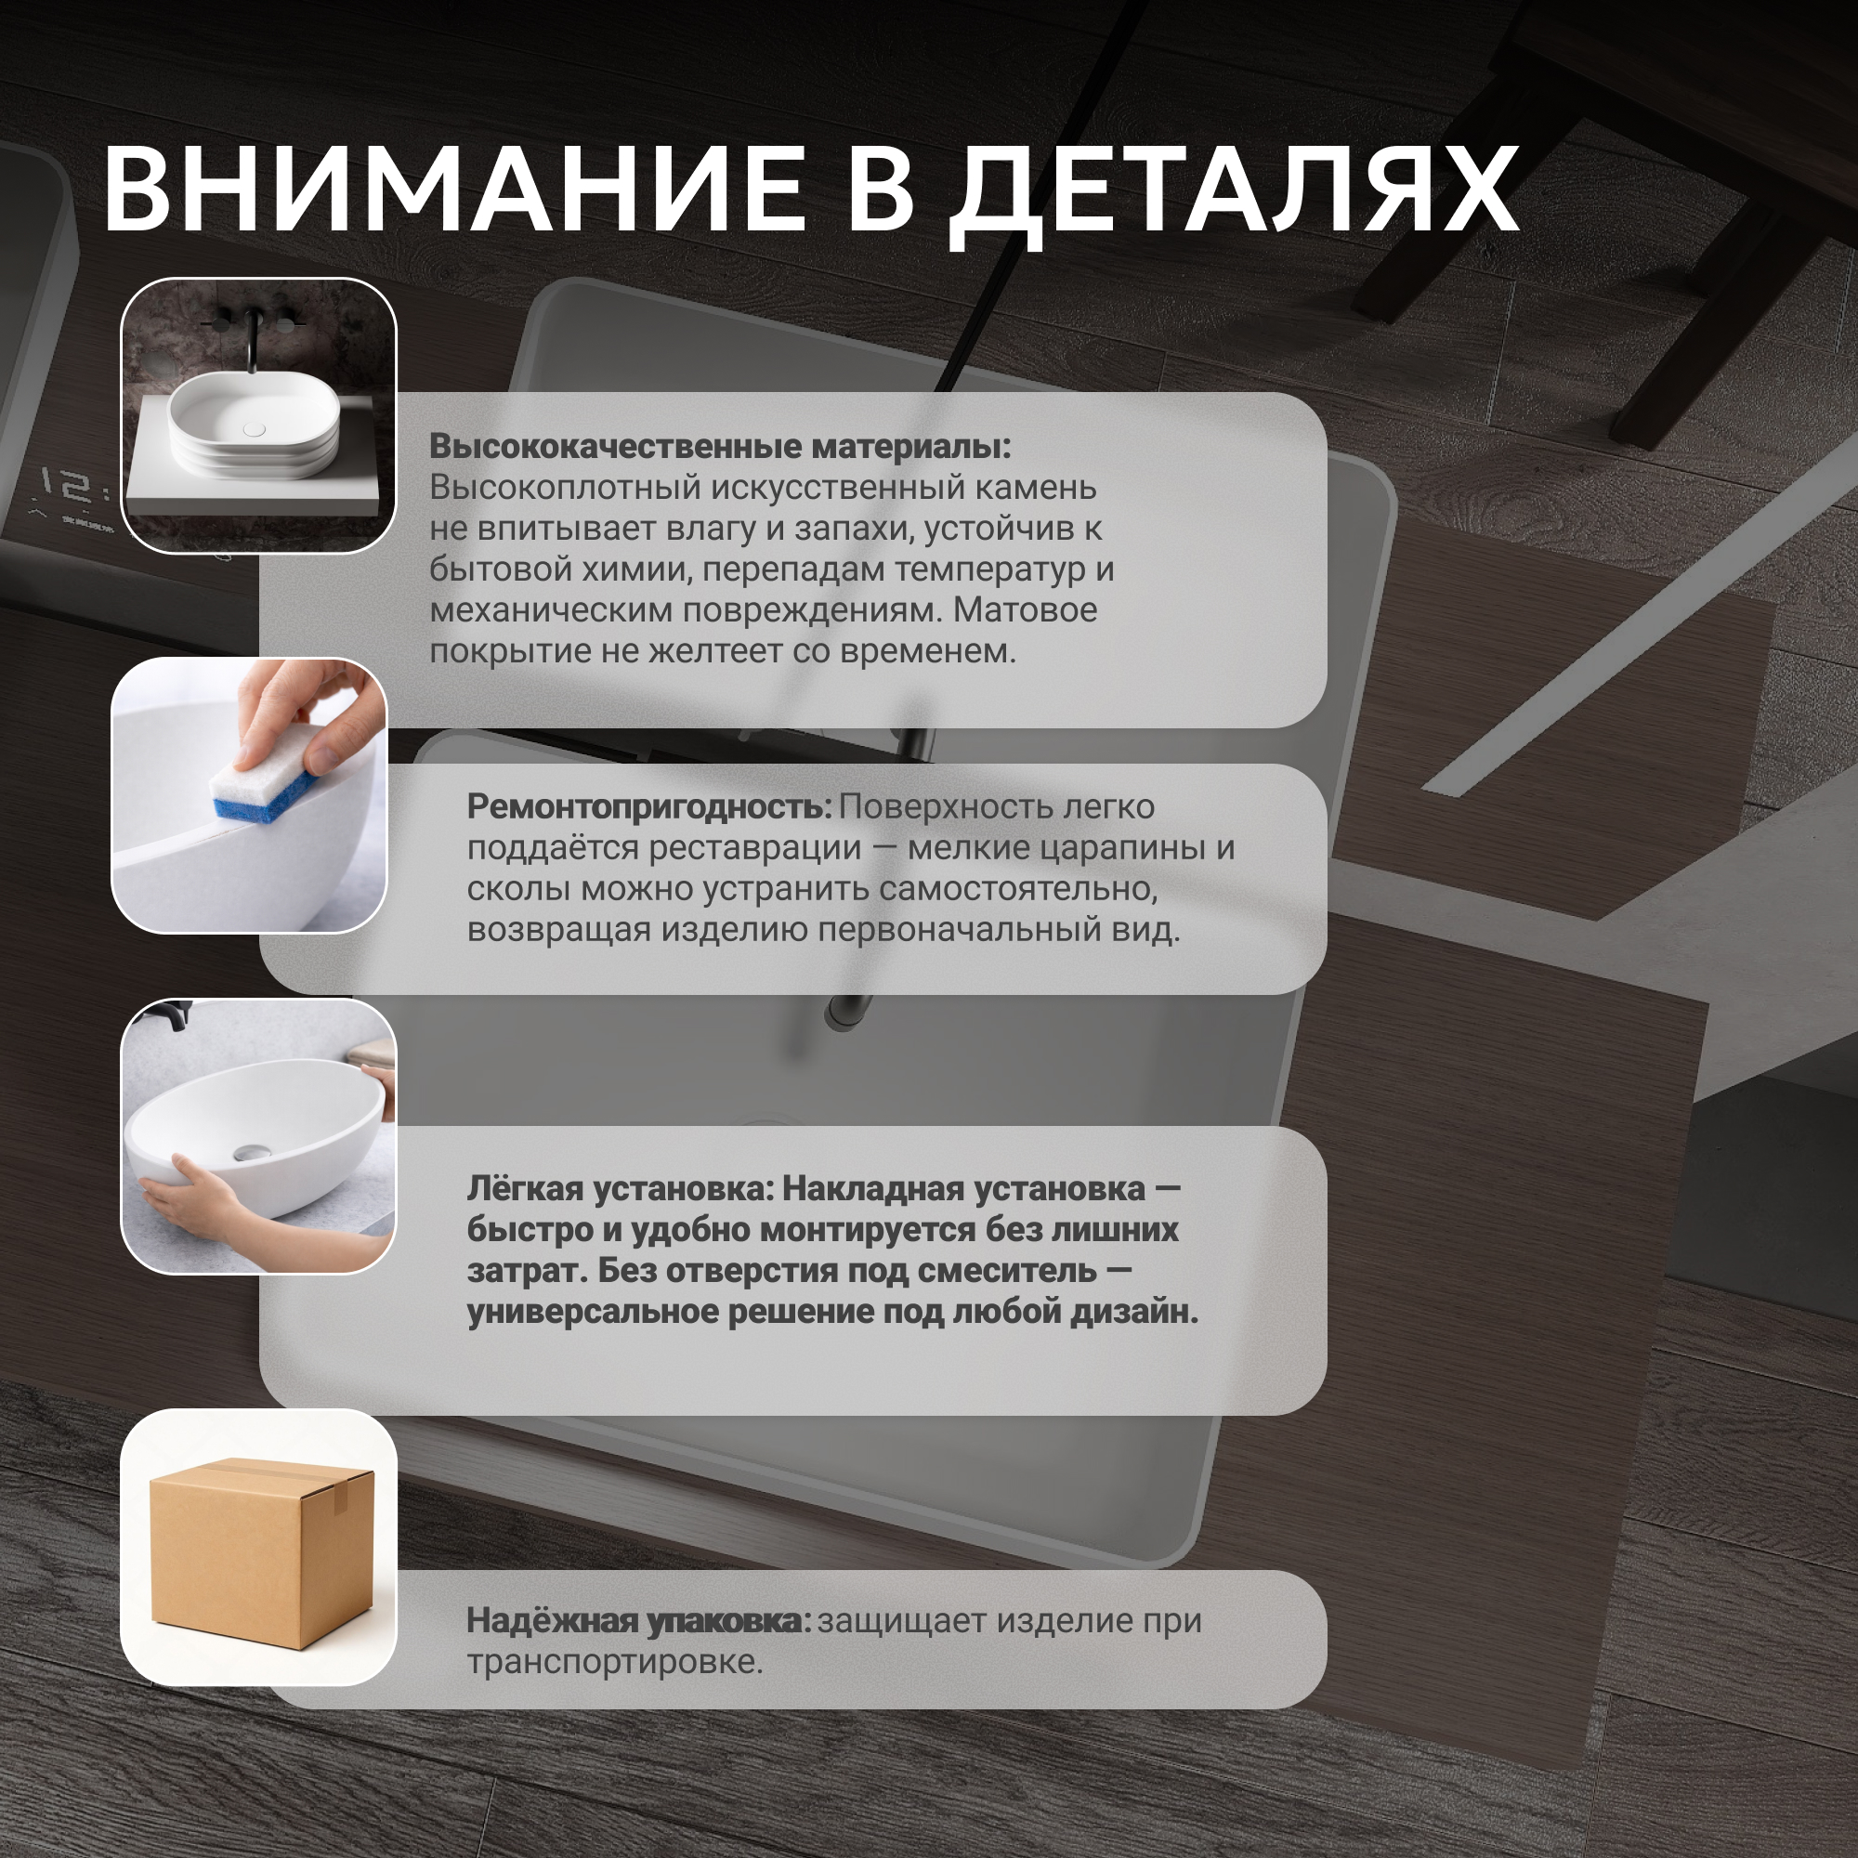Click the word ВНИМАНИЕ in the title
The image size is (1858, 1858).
point(454,189)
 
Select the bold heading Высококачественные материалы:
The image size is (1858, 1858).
point(720,446)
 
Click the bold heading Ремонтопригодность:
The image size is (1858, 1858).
point(649,807)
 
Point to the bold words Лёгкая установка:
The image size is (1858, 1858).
point(621,1189)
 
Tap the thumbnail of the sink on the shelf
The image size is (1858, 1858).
point(258,415)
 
